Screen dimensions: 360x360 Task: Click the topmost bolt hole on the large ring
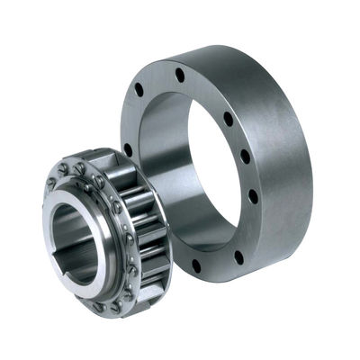179,75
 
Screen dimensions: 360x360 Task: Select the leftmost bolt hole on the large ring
128,148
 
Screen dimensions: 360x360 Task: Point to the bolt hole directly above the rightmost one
245,157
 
